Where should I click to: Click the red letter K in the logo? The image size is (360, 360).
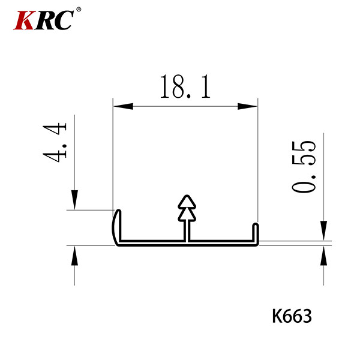pos(24,20)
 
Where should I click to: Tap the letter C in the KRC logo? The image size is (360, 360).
pos(64,20)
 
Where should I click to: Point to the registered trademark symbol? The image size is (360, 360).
pos(79,10)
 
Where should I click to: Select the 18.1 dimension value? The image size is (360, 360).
pos(185,87)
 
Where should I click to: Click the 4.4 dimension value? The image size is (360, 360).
pos(55,142)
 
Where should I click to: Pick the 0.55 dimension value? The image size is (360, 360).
pos(304,166)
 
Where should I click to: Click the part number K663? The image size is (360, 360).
pos(292,316)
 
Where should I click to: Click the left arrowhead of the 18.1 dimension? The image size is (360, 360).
pos(123,106)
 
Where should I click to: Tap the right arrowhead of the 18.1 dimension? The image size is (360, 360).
pos(247,106)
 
